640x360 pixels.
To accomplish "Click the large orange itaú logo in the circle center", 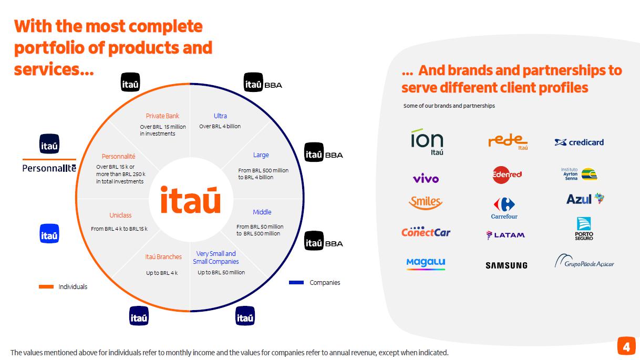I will tap(190, 200).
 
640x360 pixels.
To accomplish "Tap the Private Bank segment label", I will tap(162, 116).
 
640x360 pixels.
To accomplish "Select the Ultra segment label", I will tap(220, 116).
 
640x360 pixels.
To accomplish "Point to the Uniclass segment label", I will tap(120, 215).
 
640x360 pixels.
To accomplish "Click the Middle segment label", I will tap(262, 212).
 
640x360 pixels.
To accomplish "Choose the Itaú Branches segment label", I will tap(163, 257).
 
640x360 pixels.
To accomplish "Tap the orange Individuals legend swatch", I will tap(46, 287).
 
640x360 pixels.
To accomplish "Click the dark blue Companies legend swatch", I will tap(296, 283).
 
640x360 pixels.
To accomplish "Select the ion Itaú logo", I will tap(427, 141).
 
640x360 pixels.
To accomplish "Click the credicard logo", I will tap(579, 142).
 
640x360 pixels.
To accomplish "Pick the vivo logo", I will tap(426, 179).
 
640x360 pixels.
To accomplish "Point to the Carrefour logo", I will tap(504, 208).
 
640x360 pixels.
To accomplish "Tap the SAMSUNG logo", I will tap(506, 265).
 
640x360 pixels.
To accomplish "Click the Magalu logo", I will tap(426, 263).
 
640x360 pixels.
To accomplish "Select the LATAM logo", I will tap(505, 235).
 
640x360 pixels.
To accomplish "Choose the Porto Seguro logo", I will tap(584, 229).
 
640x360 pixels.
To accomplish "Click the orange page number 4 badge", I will tap(625, 347).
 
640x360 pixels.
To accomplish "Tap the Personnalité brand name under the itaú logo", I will tap(49, 168).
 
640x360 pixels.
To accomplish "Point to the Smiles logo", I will tap(426, 202).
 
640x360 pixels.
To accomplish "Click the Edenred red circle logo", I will tap(507, 174).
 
